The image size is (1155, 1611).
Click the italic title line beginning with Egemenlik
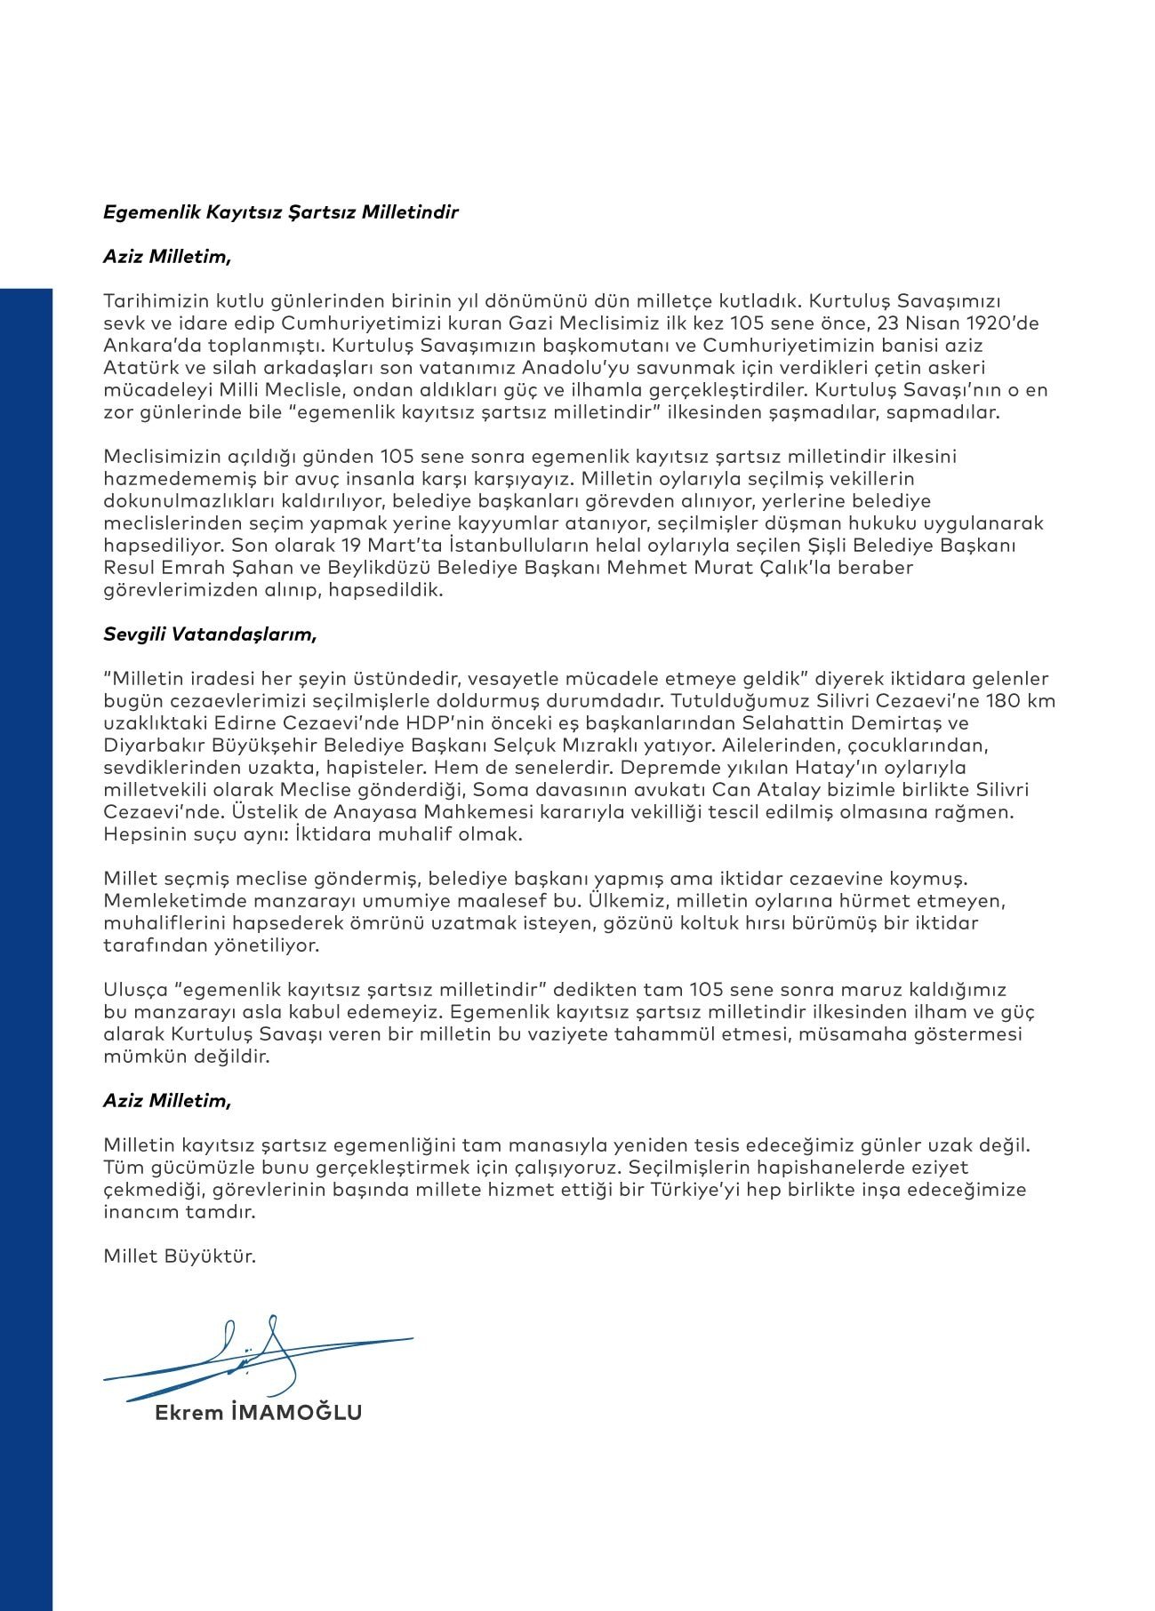click(x=281, y=212)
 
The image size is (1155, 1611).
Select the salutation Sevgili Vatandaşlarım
click(x=210, y=634)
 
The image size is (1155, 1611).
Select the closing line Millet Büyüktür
click(x=180, y=1256)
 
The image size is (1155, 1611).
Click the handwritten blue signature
click(x=258, y=1355)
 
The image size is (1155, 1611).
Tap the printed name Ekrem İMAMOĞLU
click(x=258, y=1413)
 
